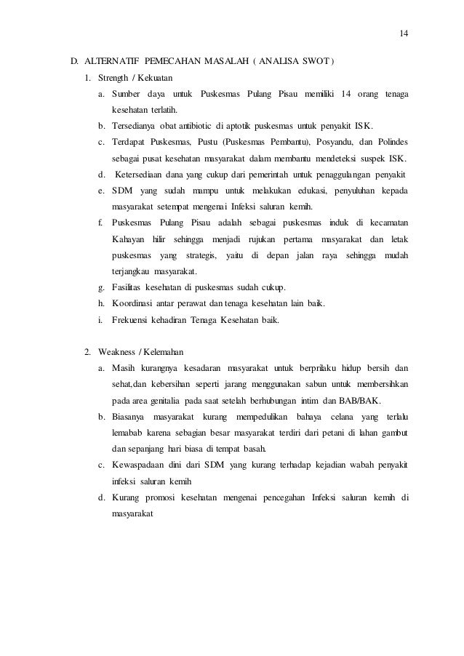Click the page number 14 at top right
(x=404, y=33)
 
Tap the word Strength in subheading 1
(x=113, y=78)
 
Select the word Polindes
(x=388, y=142)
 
